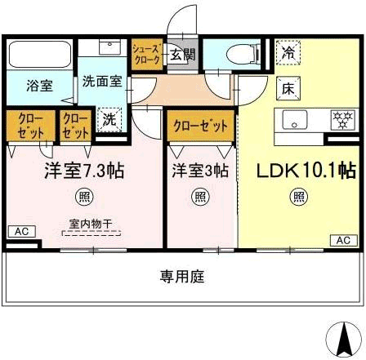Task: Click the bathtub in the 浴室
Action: pos(40,55)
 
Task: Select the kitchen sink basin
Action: pos(295,120)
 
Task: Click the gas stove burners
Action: pos(343,120)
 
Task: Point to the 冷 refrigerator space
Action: pos(288,53)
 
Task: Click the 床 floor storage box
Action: pos(288,88)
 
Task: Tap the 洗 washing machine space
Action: pos(109,120)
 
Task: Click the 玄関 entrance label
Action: pos(183,55)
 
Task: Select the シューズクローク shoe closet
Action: pos(146,55)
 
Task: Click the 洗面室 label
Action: pos(102,82)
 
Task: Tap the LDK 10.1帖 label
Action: pos(306,171)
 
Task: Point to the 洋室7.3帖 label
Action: pos(84,171)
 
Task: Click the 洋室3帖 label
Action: pos(200,171)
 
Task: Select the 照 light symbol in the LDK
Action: pos(299,197)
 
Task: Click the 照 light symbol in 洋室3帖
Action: pos(200,197)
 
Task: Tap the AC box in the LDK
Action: pos(344,241)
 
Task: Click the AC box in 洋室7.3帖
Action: pos(22,232)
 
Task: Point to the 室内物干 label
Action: pos(91,224)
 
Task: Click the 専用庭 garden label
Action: pos(182,277)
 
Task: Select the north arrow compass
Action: pos(344,339)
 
